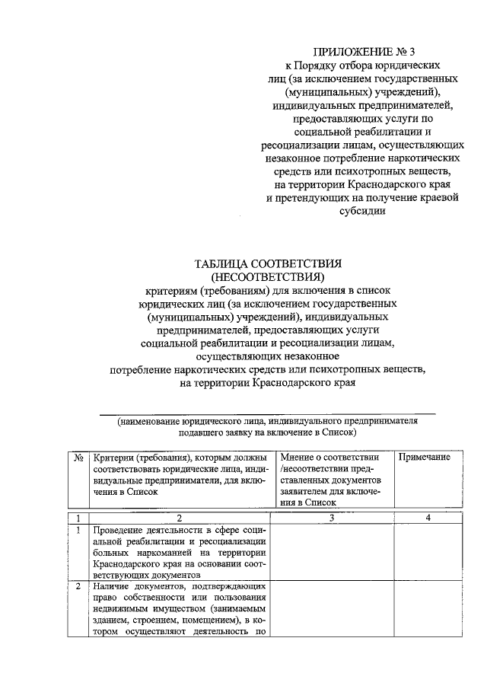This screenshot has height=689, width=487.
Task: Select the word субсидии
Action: [361, 212]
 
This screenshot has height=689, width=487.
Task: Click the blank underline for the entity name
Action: [269, 412]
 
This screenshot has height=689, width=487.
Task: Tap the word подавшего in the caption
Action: [203, 432]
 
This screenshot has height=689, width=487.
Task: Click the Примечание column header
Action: [425, 458]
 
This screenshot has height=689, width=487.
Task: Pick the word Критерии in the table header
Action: [113, 458]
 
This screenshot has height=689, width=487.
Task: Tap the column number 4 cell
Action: [428, 518]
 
